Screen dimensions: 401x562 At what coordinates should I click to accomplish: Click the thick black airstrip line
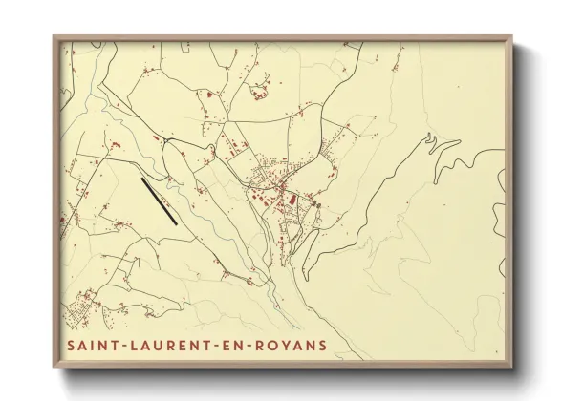tap(159, 200)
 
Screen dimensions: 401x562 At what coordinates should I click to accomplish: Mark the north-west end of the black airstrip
tap(141, 179)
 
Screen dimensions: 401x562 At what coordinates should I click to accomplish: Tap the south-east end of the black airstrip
tap(177, 223)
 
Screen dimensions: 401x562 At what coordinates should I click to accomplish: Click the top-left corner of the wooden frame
tap(54, 37)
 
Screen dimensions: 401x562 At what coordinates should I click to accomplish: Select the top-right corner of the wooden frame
tap(511, 37)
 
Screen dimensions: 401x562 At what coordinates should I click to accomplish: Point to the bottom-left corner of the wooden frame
tap(54, 369)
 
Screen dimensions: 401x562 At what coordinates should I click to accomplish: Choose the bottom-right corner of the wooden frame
tap(511, 369)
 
